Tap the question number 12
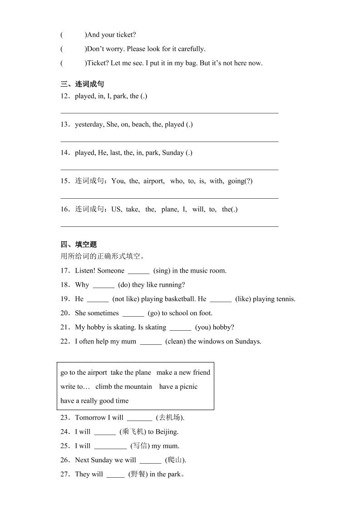point(64,96)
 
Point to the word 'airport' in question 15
point(154,181)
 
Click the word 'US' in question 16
point(116,209)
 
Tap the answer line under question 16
point(169,225)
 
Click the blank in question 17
point(138,272)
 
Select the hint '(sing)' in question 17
point(162,271)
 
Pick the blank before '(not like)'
point(98,300)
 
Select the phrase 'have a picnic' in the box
point(178,387)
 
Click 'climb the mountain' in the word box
point(123,387)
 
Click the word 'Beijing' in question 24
point(166,431)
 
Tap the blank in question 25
point(110,447)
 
